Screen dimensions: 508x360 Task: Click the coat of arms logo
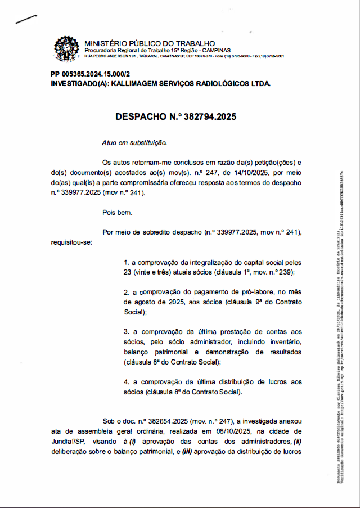pyautogui.click(x=66, y=48)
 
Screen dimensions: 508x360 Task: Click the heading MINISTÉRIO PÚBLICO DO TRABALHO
pyautogui.click(x=149, y=43)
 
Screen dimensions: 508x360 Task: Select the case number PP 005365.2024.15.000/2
pyautogui.click(x=90, y=74)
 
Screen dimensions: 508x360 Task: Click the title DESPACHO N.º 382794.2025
pyautogui.click(x=175, y=117)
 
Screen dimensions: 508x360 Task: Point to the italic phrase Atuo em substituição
pyautogui.click(x=134, y=143)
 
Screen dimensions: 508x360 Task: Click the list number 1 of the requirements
pyautogui.click(x=126, y=263)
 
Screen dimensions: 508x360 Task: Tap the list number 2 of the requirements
pyautogui.click(x=126, y=293)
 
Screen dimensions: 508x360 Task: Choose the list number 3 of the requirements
pyautogui.click(x=126, y=332)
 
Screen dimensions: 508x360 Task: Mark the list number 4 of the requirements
pyautogui.click(x=126, y=381)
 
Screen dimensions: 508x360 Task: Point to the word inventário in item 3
pyautogui.click(x=285, y=342)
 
